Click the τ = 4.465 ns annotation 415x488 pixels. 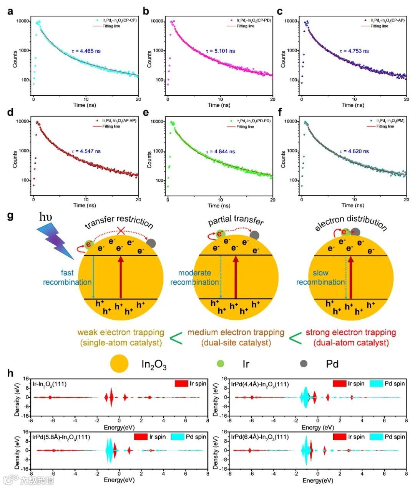(86, 51)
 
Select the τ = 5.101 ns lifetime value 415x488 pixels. (220, 51)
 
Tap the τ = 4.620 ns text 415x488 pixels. (354, 151)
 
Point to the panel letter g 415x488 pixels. (10, 216)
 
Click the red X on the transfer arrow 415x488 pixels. (120, 231)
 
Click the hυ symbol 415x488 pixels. (46, 218)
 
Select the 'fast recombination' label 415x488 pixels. (67, 277)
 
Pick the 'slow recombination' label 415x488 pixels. (320, 277)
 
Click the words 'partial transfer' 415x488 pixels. (236, 221)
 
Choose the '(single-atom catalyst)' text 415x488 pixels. (121, 342)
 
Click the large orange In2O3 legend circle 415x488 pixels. (119, 364)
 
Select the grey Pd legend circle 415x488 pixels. (304, 364)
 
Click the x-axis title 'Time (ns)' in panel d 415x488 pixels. (85, 205)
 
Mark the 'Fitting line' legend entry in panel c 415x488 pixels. (379, 26)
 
